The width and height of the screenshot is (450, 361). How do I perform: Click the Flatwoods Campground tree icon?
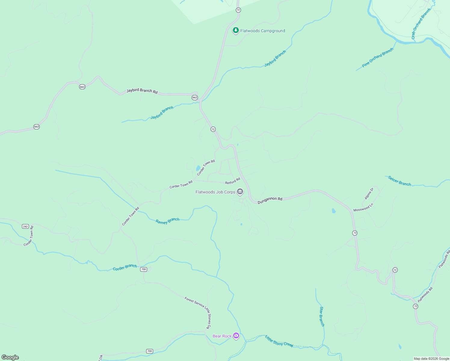(x=236, y=30)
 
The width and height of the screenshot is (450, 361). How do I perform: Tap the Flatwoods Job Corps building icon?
(x=240, y=191)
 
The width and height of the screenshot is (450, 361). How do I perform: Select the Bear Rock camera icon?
(x=236, y=335)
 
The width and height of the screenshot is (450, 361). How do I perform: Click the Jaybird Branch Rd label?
(x=142, y=91)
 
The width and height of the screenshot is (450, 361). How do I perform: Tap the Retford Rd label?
(x=233, y=181)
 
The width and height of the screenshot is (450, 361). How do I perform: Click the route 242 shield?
(x=25, y=226)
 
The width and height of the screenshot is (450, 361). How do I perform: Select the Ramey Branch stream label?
(x=168, y=221)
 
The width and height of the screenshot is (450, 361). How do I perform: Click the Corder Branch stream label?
(x=125, y=267)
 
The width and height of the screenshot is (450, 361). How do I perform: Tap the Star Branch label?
(x=322, y=316)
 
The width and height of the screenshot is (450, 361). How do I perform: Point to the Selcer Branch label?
(x=399, y=181)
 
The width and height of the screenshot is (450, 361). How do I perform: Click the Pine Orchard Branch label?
(x=378, y=57)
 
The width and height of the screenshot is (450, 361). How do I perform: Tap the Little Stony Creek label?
(x=279, y=341)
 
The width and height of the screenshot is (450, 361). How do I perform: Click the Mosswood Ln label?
(x=363, y=208)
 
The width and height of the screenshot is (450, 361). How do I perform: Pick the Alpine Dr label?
(x=369, y=194)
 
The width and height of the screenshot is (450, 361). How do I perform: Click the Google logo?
(x=10, y=357)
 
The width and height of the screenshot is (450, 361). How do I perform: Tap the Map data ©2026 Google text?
(x=431, y=359)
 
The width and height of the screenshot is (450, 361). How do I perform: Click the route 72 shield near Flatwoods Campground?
(x=238, y=10)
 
